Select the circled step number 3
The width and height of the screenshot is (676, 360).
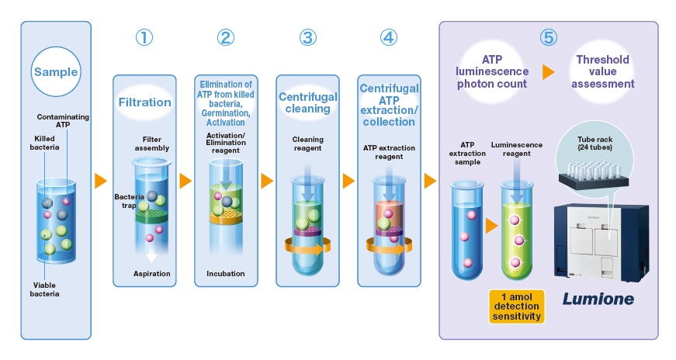pyautogui.click(x=307, y=38)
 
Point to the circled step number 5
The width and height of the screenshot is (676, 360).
pyautogui.click(x=548, y=38)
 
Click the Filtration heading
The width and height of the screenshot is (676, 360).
pyautogui.click(x=144, y=102)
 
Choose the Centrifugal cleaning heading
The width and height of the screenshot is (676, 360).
pyautogui.click(x=307, y=102)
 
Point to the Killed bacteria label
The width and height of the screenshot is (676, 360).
pyautogui.click(x=44, y=143)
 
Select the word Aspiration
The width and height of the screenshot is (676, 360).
pyautogui.click(x=151, y=273)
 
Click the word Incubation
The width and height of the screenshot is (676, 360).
pyautogui.click(x=226, y=273)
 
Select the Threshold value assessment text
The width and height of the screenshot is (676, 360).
pyautogui.click(x=603, y=71)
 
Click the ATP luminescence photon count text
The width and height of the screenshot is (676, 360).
pyautogui.click(x=494, y=71)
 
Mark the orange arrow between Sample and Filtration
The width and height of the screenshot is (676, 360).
pyautogui.click(x=100, y=181)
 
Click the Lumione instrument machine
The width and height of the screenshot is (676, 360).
pyautogui.click(x=601, y=241)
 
